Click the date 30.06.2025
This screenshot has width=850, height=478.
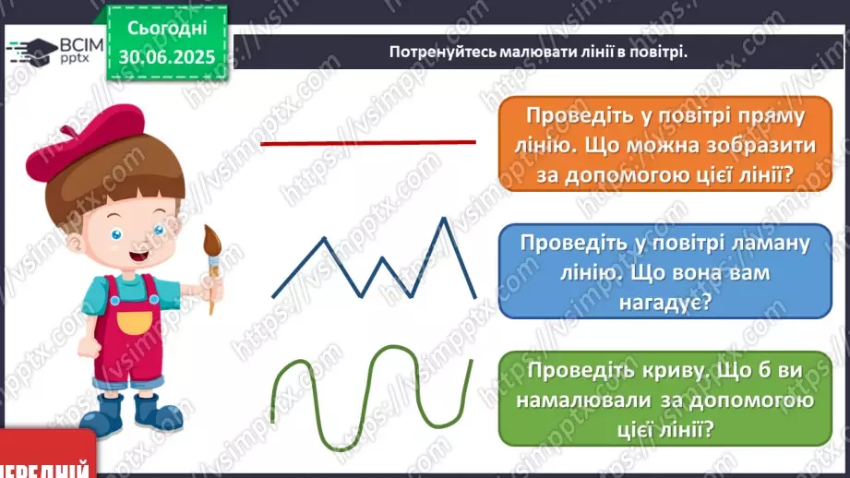[x=167, y=57]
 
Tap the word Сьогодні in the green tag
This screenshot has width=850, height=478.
[x=167, y=28]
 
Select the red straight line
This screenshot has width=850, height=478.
[x=368, y=143]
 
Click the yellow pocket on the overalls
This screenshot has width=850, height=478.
[x=135, y=322]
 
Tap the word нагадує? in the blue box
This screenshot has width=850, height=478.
[x=664, y=303]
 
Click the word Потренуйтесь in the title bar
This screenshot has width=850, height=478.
[x=442, y=52]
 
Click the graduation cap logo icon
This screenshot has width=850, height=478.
[x=32, y=52]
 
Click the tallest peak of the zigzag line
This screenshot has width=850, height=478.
[x=444, y=218]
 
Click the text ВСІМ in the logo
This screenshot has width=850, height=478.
[x=81, y=45]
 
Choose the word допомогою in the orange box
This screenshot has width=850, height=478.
[x=623, y=175]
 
